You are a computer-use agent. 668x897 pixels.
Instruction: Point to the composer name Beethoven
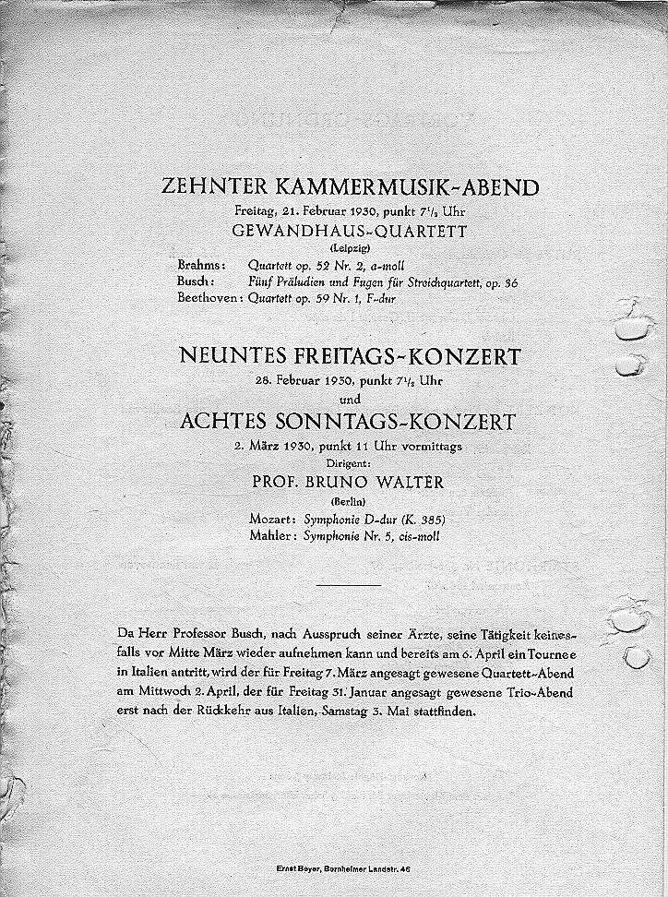[x=209, y=298]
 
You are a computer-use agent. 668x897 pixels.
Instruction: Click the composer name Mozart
[x=269, y=520]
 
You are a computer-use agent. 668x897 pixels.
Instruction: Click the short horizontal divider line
[x=347, y=584]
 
